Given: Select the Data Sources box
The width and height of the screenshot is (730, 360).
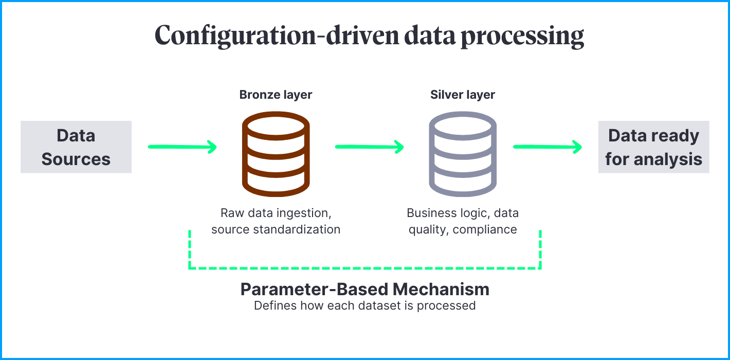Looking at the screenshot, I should coord(76,147).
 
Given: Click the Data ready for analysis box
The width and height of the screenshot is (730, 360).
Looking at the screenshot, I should coord(653,147).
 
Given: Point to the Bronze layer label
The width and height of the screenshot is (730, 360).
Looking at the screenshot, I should coord(276,95).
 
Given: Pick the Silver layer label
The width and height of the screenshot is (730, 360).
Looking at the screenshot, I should coord(463,95).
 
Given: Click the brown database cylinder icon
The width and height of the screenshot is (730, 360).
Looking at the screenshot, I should coord(276,154).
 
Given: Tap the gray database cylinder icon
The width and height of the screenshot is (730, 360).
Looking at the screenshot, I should coord(463,154).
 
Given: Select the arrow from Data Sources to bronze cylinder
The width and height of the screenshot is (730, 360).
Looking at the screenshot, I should coord(182,148).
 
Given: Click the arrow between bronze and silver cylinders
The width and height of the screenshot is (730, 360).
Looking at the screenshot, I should coord(369,148).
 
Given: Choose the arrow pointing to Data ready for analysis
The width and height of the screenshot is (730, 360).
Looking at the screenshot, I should coord(547,148).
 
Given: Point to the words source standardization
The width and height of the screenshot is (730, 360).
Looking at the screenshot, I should coord(276,229).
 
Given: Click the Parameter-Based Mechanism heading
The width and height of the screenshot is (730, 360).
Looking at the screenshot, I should coord(365,289).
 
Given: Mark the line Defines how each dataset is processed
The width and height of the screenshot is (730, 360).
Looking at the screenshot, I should coord(365,305).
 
